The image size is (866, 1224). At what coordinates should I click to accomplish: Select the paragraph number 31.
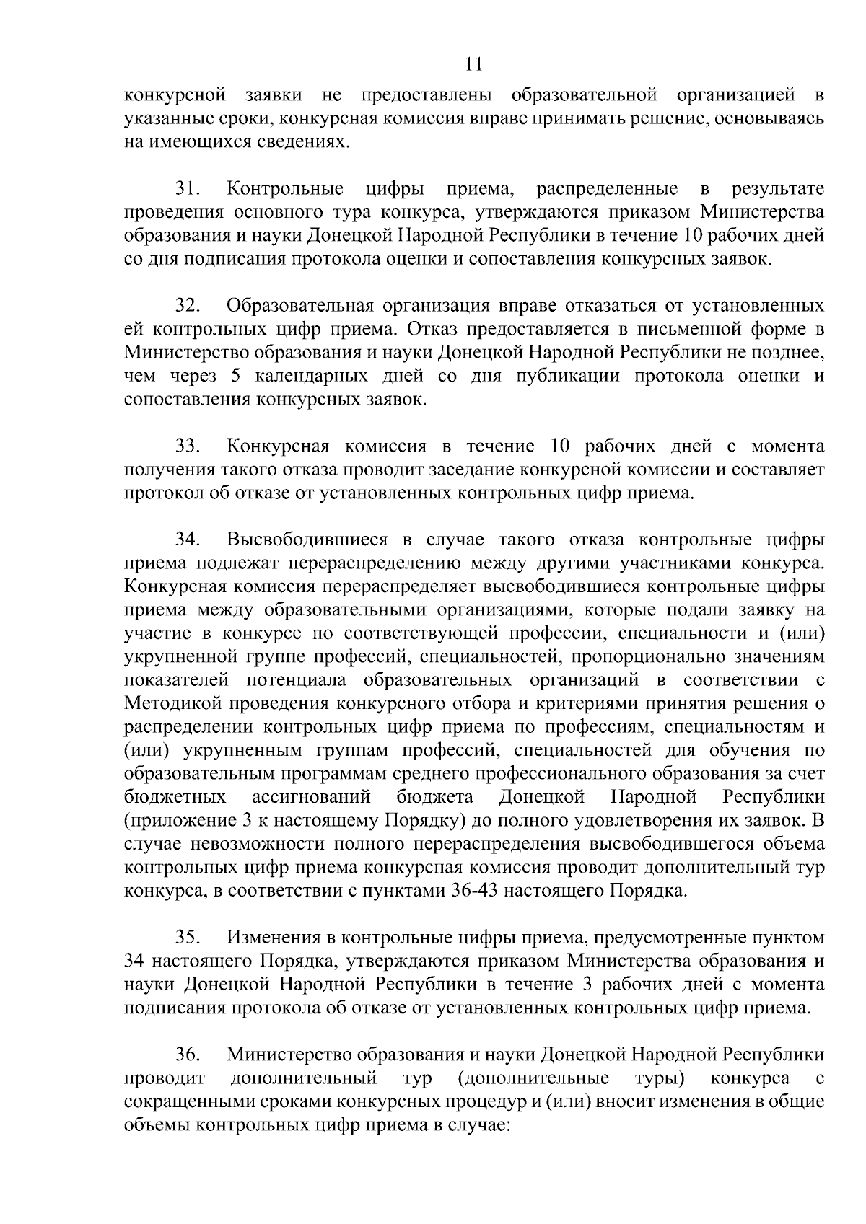point(188,190)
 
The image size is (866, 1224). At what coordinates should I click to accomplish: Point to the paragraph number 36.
point(188,1055)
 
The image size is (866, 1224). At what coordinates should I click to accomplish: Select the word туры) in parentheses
point(660,1079)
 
